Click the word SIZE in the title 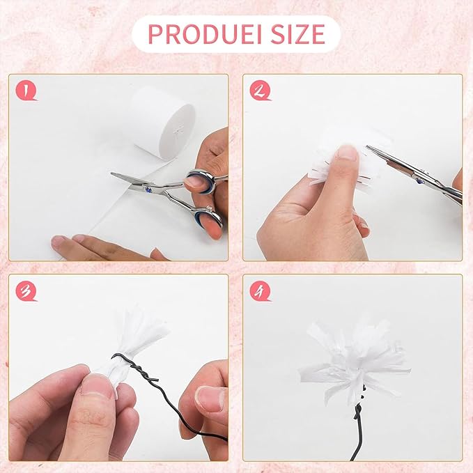point(297,33)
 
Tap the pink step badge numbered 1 point(26,90)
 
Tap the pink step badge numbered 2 point(260,90)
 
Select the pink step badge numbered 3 point(26,290)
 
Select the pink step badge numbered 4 point(260,290)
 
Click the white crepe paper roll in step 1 point(164,122)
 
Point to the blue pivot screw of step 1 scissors point(148,189)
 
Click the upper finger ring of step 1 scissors point(200,181)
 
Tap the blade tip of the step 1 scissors point(111,173)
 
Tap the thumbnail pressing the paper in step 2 point(348,154)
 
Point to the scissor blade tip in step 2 point(367,147)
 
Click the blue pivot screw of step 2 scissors point(419,180)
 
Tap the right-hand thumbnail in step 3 point(210,398)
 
